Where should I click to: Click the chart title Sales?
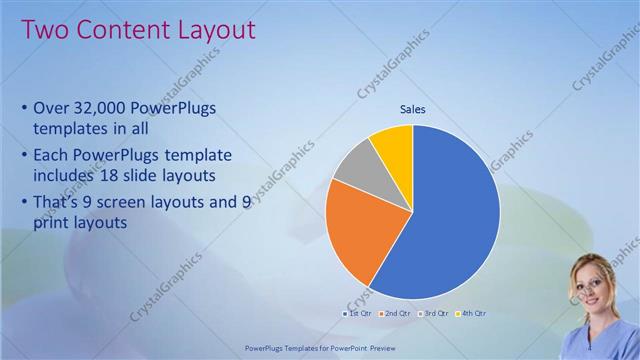413,109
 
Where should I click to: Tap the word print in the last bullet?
53,224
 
